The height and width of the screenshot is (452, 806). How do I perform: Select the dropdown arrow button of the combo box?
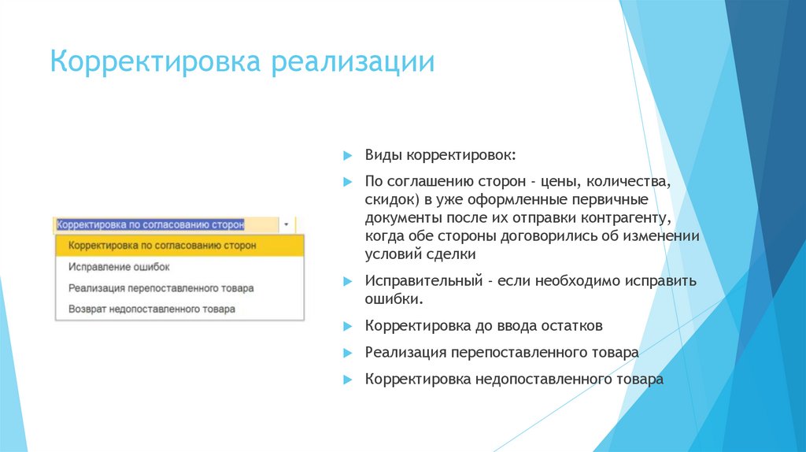(286, 224)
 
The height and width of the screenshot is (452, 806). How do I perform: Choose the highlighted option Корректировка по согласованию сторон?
(162, 246)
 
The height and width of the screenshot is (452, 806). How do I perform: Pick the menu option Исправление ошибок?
(119, 267)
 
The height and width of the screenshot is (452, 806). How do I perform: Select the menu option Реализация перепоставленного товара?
(161, 288)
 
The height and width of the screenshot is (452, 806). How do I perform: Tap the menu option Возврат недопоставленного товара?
(151, 309)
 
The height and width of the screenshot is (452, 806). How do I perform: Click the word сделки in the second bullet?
(452, 254)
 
